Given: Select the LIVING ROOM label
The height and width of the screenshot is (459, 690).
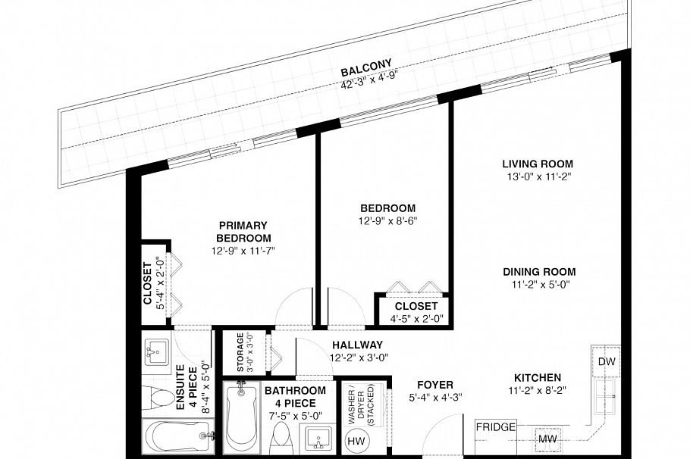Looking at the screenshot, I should coord(537,164).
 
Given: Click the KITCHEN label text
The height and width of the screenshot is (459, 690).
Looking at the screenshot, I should coord(537,378).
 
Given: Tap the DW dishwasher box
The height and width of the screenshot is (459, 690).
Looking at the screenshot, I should coord(606,361).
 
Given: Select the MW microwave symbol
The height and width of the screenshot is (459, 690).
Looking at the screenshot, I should coord(547,438).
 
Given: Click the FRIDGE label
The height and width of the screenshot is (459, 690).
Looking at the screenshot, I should coord(495,427).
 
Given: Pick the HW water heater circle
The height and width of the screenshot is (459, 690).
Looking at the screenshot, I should coord(355,441).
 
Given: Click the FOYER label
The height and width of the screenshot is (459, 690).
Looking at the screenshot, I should coord(434,386).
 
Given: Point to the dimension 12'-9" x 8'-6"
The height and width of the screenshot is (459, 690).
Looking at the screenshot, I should coord(387,221).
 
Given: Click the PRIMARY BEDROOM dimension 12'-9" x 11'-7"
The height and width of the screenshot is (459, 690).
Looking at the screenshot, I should coord(243,249).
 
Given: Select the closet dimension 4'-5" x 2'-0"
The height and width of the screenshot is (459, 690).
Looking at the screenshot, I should coord(416,318).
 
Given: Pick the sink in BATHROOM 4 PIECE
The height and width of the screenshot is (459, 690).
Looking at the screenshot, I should coord(318,439).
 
